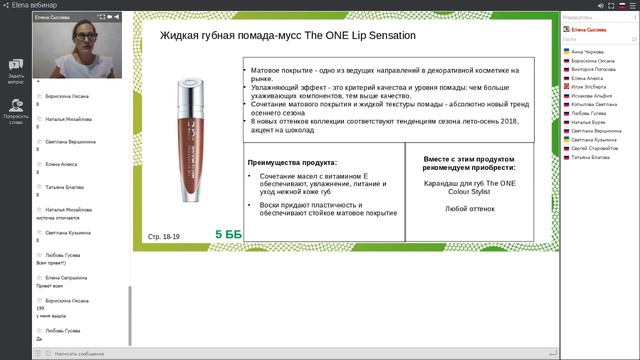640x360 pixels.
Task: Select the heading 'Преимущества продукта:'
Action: coord(293,162)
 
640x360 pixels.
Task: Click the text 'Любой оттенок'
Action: coord(467,209)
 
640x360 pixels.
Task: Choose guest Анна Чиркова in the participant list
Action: coord(589,51)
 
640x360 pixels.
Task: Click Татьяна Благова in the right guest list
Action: coord(591,158)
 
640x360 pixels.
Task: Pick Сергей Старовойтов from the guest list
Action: coord(596,149)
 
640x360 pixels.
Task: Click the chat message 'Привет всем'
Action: coord(57,283)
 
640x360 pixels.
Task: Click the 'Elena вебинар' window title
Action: coord(34,4)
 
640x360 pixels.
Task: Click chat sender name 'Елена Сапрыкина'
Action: coord(66,276)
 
